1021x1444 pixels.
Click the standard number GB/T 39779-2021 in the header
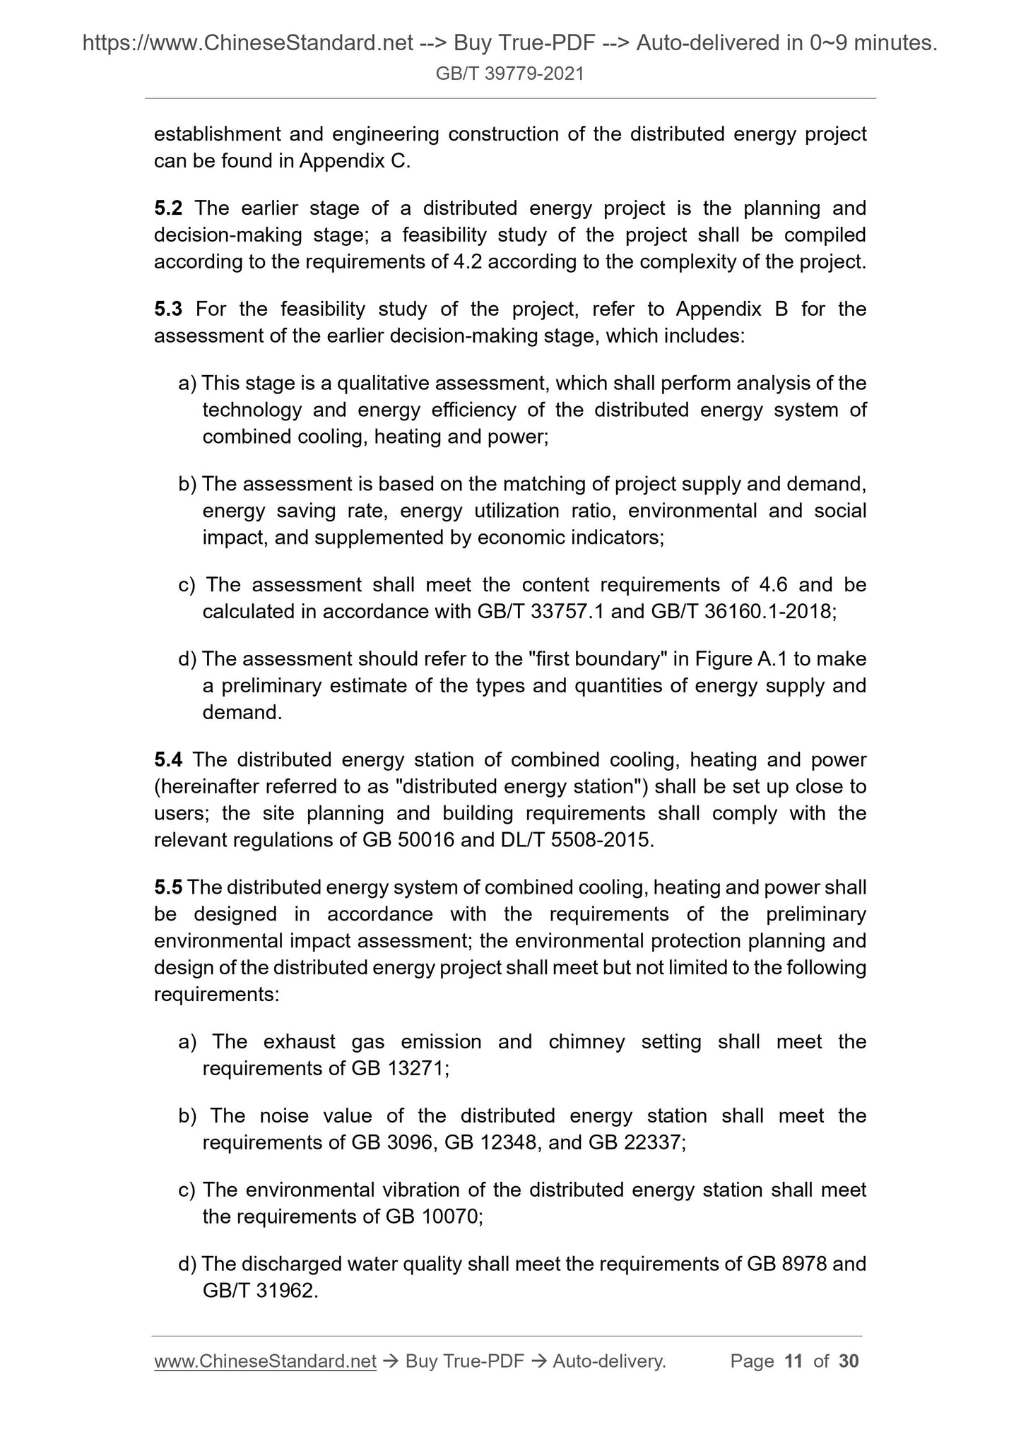509,73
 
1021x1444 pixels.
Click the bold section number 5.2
168,208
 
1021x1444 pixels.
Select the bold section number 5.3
168,309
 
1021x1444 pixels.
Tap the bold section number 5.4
168,760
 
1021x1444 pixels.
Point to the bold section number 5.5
168,888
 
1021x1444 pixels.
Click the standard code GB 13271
399,1069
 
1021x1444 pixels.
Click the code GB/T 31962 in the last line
257,1291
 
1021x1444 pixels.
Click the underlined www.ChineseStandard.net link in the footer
265,1361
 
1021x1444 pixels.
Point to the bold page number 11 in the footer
793,1361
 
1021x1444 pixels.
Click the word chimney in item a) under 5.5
586,1042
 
